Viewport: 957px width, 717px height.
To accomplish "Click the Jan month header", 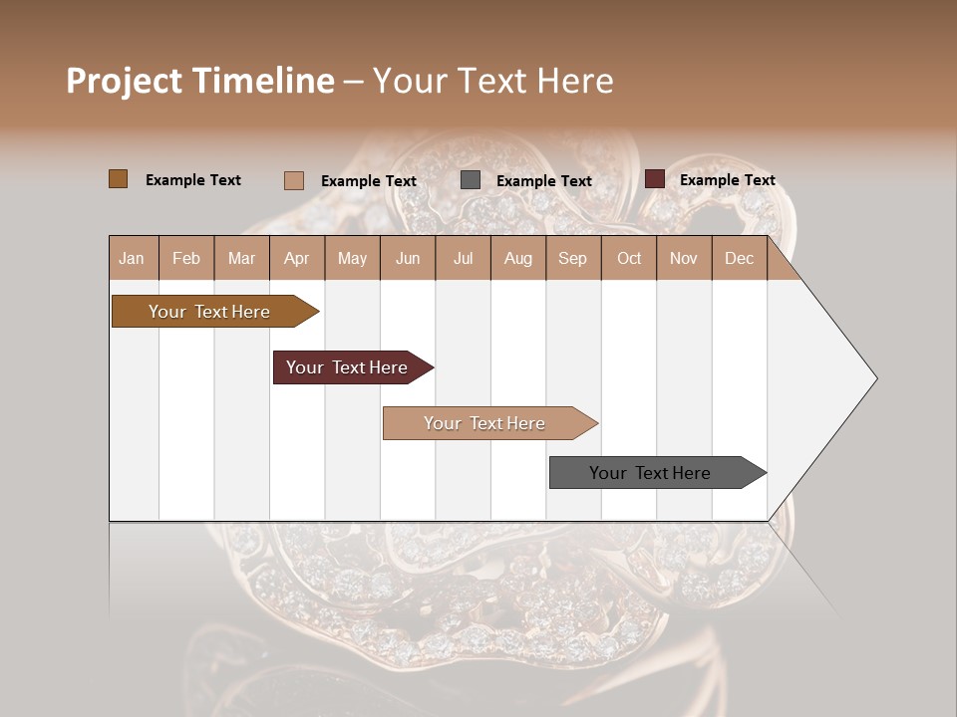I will click(x=133, y=258).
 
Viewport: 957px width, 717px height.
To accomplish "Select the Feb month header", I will click(x=186, y=258).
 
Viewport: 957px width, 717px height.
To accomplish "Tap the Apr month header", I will click(x=297, y=258).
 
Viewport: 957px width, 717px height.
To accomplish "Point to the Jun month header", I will click(x=408, y=258).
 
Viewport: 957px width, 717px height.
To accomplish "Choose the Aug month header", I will click(x=518, y=258).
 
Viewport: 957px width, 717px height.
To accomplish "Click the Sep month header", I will click(x=573, y=258).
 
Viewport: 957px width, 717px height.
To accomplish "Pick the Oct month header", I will click(x=629, y=258).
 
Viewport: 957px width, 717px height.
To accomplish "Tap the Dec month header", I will click(x=740, y=258).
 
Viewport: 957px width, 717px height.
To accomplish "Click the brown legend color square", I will click(x=118, y=179).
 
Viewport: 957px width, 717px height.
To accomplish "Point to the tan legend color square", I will click(x=293, y=180).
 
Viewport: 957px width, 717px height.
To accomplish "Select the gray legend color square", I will click(x=471, y=180).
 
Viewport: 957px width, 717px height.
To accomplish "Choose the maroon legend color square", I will click(x=654, y=179).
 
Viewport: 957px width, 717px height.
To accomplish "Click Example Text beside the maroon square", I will click(x=727, y=180).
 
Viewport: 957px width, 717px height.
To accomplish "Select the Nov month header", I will click(x=684, y=258).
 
